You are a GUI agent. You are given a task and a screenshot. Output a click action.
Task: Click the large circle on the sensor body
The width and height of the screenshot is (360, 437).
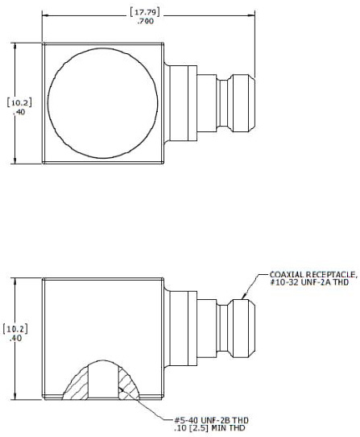[103, 102]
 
